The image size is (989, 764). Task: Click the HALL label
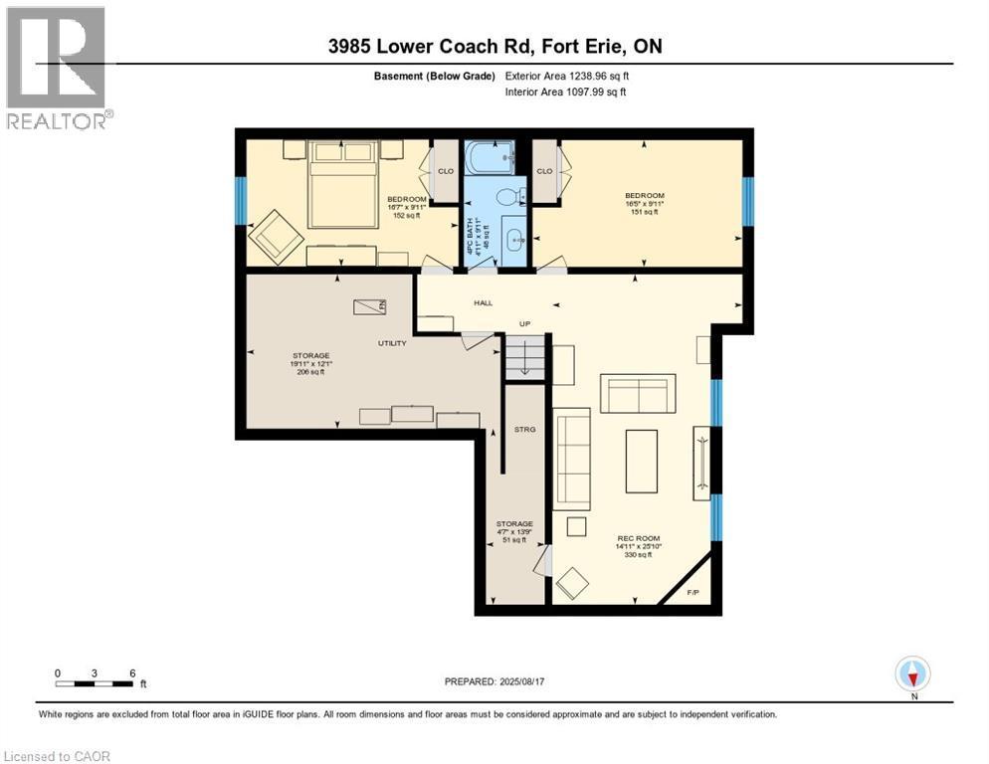pos(483,302)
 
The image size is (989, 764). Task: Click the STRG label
pos(524,430)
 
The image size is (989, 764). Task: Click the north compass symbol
pos(912,674)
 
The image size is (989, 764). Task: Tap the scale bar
pos(95,683)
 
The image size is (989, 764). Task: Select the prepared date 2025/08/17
pos(494,681)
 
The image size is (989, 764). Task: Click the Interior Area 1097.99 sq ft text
pos(565,92)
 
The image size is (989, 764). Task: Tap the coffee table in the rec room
pos(641,461)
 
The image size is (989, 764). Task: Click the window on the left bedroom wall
pos(239,201)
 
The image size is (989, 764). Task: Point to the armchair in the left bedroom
pos(276,239)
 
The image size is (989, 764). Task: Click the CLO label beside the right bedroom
pos(544,171)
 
